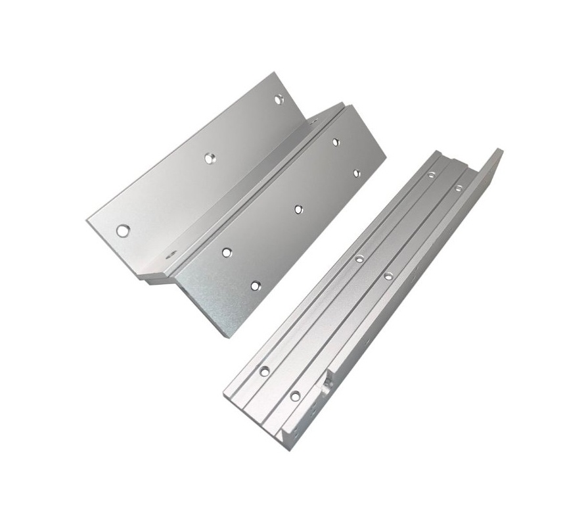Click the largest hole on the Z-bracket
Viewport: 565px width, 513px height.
point(123,230)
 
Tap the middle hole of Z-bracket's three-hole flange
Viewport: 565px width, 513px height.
point(210,158)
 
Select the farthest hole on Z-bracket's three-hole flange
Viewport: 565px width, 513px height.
point(279,99)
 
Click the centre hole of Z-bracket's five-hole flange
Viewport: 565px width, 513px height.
point(298,209)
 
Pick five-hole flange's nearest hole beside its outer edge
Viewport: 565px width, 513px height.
point(256,285)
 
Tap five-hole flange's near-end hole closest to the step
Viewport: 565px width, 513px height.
point(227,252)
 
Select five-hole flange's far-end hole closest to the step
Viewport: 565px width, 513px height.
point(336,141)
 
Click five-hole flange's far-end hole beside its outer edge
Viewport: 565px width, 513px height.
point(357,174)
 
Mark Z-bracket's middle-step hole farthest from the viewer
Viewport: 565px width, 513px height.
point(313,121)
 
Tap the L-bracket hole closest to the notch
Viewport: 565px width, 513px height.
point(295,396)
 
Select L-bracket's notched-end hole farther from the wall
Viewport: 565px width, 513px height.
point(264,372)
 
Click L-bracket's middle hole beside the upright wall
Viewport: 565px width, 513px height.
point(388,276)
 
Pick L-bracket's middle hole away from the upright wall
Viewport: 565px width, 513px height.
point(359,259)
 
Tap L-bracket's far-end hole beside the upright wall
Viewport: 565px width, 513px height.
point(459,188)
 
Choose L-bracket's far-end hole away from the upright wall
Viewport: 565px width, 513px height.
point(431,175)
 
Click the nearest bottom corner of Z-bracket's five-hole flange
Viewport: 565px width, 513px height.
point(227,336)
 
